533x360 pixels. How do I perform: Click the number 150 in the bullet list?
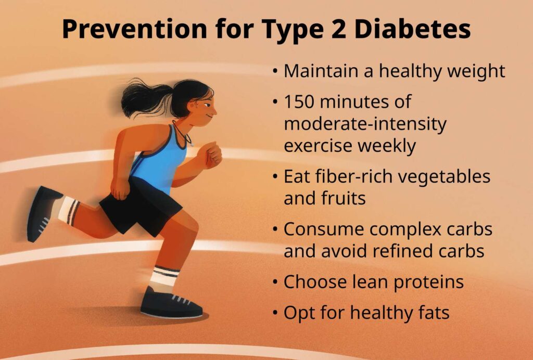pyautogui.click(x=300, y=102)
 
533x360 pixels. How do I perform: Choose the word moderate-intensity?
pyautogui.click(x=365, y=124)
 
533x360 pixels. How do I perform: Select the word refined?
pyautogui.click(x=407, y=251)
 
